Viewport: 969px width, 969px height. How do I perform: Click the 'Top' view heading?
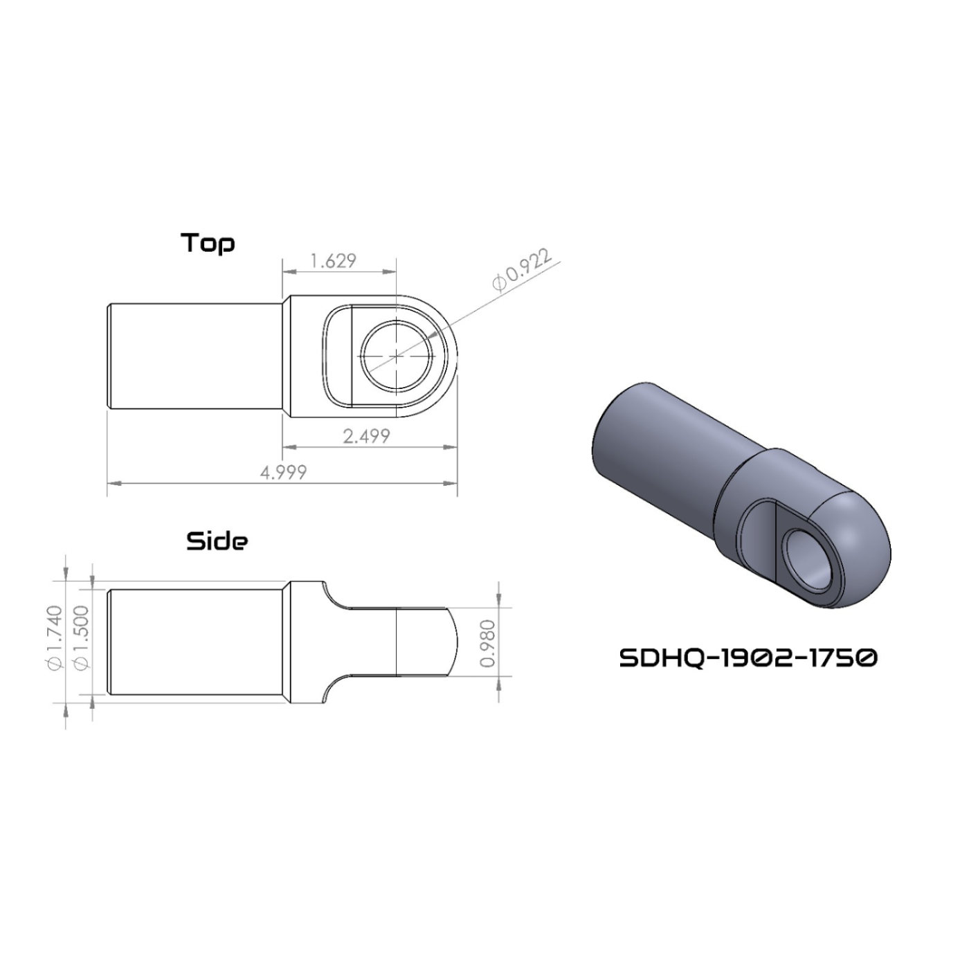pyautogui.click(x=208, y=244)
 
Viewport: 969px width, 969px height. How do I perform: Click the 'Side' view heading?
pyautogui.click(x=217, y=541)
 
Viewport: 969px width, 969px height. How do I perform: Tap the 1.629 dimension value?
pyautogui.click(x=334, y=261)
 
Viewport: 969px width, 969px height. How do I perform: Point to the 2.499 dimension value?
pyautogui.click(x=366, y=436)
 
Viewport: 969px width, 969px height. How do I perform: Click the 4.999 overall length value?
pyautogui.click(x=283, y=473)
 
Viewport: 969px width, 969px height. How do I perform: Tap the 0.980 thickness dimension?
pyautogui.click(x=488, y=644)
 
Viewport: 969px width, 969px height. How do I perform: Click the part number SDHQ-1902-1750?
pyautogui.click(x=748, y=658)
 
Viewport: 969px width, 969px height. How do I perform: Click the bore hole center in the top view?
pyautogui.click(x=397, y=356)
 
